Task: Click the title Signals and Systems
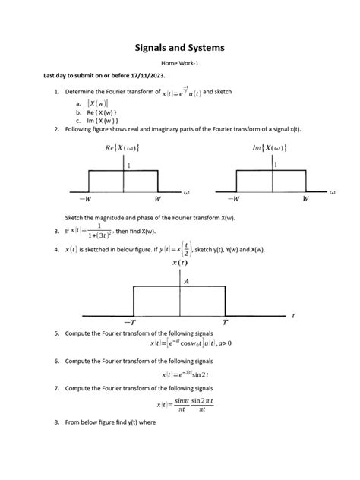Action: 180,48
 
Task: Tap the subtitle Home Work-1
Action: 180,65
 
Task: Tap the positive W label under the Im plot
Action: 305,199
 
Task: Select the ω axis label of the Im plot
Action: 333,192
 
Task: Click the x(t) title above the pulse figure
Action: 179,263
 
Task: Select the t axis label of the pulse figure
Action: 293,314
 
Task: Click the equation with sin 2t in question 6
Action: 180,374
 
